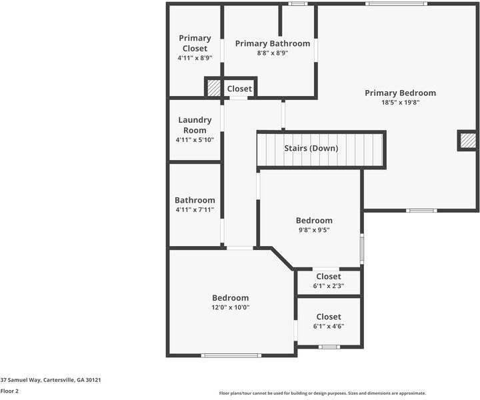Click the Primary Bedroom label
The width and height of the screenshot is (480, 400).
coord(400,93)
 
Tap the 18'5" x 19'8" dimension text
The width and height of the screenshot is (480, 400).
coord(400,103)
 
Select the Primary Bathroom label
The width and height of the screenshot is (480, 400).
coord(272,43)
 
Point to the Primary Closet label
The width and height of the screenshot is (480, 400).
coord(195,43)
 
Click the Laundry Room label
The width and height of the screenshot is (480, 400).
coord(195,125)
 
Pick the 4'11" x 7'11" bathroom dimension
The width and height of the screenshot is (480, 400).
coord(195,209)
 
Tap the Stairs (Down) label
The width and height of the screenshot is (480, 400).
coord(311,148)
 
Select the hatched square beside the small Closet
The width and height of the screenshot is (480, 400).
coord(214,88)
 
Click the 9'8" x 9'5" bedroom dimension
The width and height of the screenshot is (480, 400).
coord(314,230)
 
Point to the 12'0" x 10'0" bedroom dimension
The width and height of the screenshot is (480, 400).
coord(230,307)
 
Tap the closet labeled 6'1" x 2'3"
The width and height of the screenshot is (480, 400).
coord(328,281)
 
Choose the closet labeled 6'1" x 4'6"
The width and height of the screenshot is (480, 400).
coord(328,321)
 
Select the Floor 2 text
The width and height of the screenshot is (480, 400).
coord(9,391)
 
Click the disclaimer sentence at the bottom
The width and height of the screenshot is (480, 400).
coord(323,393)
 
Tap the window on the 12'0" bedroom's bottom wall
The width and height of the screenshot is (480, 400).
coord(230,355)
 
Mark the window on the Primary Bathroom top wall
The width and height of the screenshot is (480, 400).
coord(297,4)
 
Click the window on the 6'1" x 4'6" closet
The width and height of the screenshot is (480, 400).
coord(328,347)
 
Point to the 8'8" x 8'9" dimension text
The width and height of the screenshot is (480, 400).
coord(272,53)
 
